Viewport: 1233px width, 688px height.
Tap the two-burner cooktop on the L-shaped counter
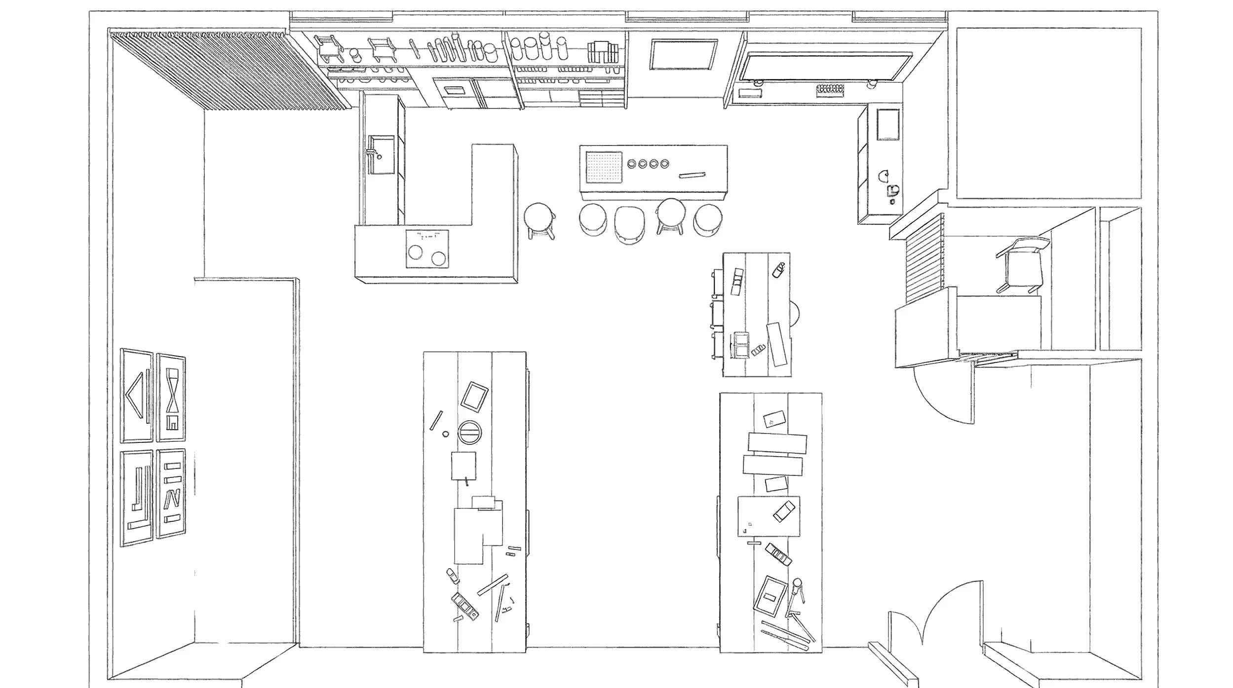(x=427, y=249)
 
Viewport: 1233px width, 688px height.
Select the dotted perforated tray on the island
(x=603, y=167)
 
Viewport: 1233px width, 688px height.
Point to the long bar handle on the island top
(x=692, y=175)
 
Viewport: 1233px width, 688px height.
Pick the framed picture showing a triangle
(x=137, y=395)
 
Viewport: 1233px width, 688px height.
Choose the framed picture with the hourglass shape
(x=171, y=398)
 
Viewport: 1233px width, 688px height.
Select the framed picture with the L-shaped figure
(x=137, y=498)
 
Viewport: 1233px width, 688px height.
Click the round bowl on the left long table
(x=469, y=432)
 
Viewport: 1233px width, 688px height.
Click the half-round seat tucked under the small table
(x=794, y=314)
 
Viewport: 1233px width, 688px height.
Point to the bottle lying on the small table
(x=778, y=270)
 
